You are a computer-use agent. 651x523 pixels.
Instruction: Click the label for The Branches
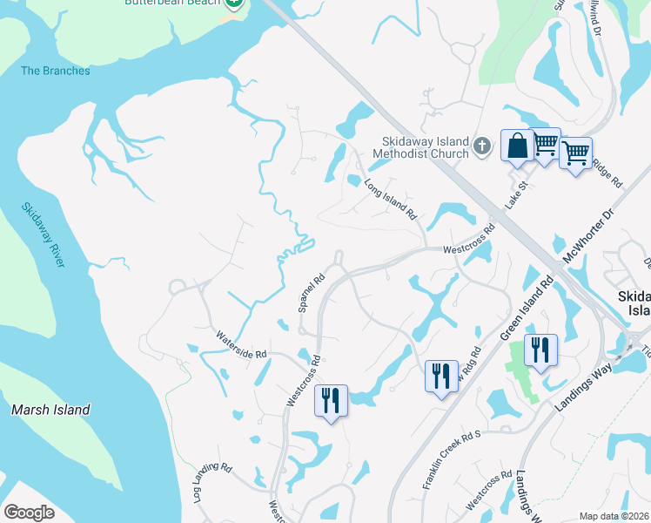coord(56,71)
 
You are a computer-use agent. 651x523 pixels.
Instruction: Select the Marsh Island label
coord(50,409)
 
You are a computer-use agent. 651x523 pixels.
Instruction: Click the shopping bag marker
coord(517,145)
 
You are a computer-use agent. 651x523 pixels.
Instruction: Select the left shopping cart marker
coord(545,143)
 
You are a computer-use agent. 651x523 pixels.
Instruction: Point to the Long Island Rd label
coord(391,199)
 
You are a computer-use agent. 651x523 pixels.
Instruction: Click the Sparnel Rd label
coord(311,293)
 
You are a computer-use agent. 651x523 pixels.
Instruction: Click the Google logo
coord(29,512)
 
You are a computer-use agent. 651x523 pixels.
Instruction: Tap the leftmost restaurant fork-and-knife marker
coord(331,401)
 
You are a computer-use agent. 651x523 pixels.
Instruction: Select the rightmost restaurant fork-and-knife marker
coord(540,350)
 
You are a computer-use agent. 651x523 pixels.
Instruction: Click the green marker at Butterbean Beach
coord(233,3)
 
